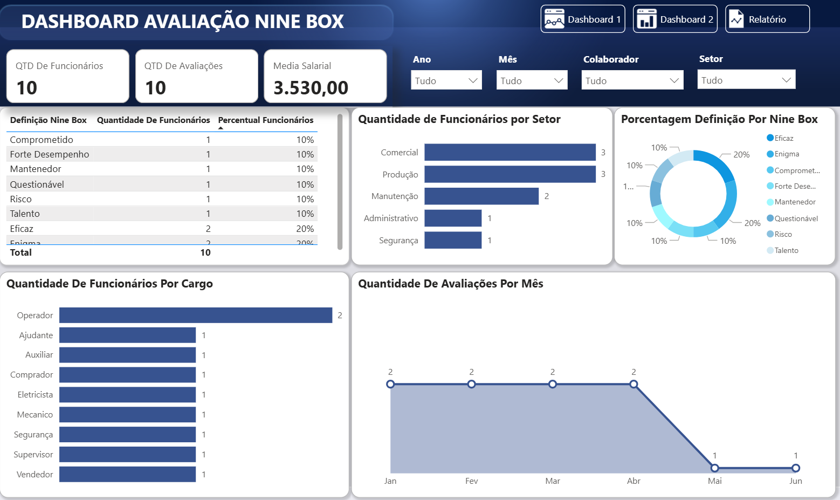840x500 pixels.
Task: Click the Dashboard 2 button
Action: pyautogui.click(x=675, y=19)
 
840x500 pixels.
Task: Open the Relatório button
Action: pyautogui.click(x=767, y=19)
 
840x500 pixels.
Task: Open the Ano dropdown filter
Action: pyautogui.click(x=446, y=80)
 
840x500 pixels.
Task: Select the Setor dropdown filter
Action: pyautogui.click(x=746, y=80)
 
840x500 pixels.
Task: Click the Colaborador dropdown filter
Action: pyautogui.click(x=632, y=80)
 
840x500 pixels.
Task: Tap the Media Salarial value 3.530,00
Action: pyautogui.click(x=311, y=88)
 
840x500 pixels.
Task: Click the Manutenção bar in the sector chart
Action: pyautogui.click(x=481, y=196)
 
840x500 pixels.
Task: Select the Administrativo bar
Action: pyautogui.click(x=453, y=218)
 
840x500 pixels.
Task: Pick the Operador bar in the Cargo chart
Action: pyautogui.click(x=196, y=316)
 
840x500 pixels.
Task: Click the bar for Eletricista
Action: pyautogui.click(x=127, y=395)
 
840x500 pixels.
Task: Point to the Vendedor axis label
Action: pyautogui.click(x=35, y=475)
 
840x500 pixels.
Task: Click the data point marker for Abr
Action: pyautogui.click(x=634, y=385)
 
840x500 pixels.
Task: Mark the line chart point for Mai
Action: pyautogui.click(x=714, y=468)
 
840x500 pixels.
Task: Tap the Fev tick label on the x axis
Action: pyautogui.click(x=471, y=481)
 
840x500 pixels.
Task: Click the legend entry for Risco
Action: pyautogui.click(x=783, y=235)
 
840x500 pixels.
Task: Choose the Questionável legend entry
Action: pyautogui.click(x=796, y=218)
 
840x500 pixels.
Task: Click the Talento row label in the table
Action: pyautogui.click(x=25, y=214)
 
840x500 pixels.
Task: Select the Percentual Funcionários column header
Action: pyautogui.click(x=266, y=120)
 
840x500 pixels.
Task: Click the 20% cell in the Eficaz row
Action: pyautogui.click(x=305, y=229)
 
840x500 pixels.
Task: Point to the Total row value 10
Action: pyautogui.click(x=205, y=252)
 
